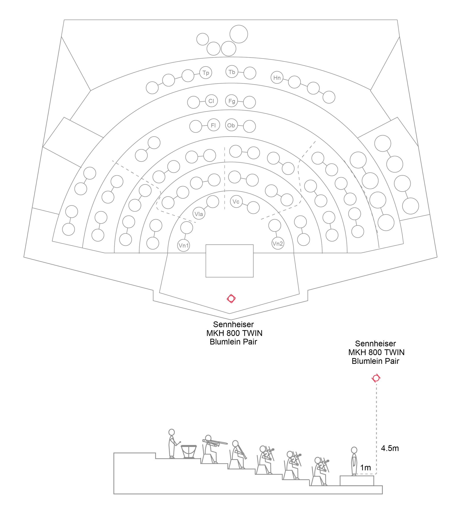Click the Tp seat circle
point(206,73)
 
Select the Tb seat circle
point(232,72)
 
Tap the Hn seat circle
point(277,78)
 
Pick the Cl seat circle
point(211,101)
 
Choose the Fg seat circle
point(232,101)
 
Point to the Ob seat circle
point(231,125)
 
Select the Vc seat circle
point(236,201)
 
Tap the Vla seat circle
point(199,214)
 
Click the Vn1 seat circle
point(184,245)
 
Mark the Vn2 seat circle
point(278,243)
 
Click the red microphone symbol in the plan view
point(231,298)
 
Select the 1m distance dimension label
point(365,468)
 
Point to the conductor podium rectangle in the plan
point(230,261)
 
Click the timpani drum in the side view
point(189,452)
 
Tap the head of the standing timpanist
point(172,432)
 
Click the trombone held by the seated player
point(215,442)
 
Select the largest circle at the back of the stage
point(239,34)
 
